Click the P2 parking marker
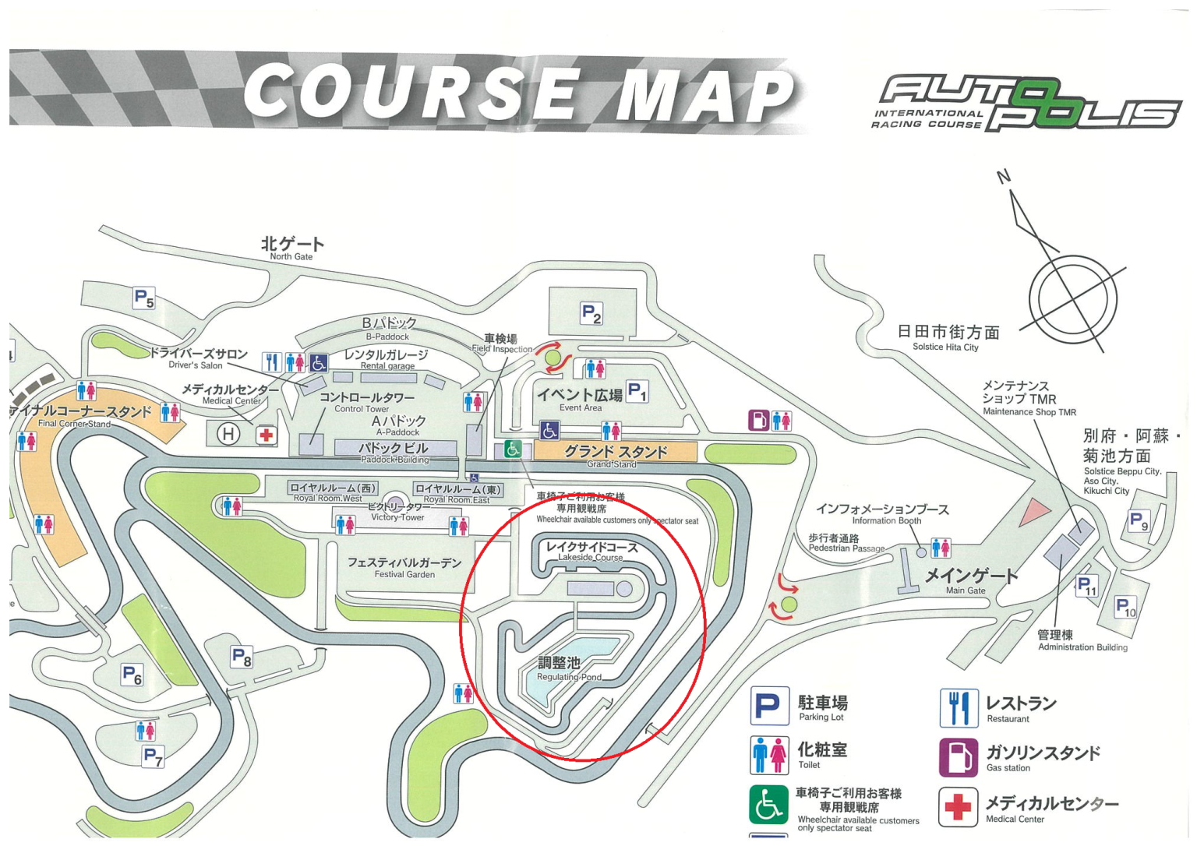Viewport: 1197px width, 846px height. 591,314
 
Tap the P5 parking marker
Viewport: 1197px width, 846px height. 143,298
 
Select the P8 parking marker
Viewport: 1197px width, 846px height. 242,657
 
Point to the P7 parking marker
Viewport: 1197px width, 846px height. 153,756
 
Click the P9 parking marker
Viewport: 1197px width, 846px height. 1139,520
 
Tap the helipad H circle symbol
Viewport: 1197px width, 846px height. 228,434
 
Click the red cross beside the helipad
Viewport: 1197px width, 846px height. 267,435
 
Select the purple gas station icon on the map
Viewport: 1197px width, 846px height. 758,421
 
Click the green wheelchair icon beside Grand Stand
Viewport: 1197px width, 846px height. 513,449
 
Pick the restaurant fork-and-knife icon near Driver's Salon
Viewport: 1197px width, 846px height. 271,362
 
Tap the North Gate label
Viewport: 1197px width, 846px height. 292,248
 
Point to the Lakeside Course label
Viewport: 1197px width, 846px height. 591,551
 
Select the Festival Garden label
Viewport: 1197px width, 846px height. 404,566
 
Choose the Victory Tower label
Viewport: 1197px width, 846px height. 397,512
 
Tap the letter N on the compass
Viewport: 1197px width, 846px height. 1004,177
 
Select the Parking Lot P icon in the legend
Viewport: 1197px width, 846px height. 769,707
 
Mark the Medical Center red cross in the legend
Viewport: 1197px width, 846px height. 958,807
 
